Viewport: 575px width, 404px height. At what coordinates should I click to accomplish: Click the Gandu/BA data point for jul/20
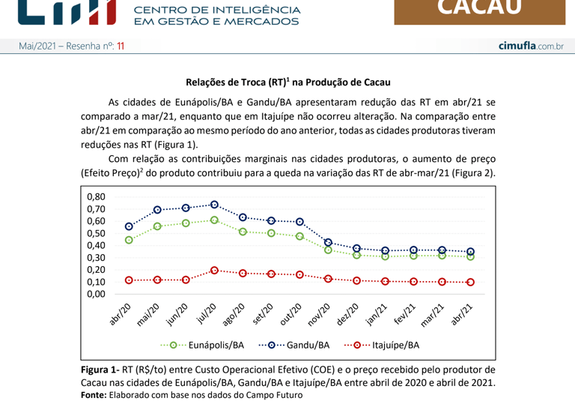(214, 205)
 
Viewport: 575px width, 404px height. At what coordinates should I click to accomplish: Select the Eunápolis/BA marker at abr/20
(129, 240)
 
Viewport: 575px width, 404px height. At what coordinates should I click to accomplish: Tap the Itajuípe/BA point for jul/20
(214, 270)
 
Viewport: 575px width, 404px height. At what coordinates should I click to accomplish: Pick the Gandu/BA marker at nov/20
(328, 242)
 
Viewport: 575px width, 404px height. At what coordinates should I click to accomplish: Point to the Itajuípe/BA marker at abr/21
(470, 282)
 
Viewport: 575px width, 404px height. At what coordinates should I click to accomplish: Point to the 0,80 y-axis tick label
(96, 196)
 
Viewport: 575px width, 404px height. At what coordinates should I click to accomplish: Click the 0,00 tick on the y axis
(96, 294)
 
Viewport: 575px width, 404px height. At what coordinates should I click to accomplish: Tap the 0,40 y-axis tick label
(96, 245)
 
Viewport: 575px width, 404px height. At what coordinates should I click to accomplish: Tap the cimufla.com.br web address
(531, 46)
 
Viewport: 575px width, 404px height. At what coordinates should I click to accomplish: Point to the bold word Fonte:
(94, 395)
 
